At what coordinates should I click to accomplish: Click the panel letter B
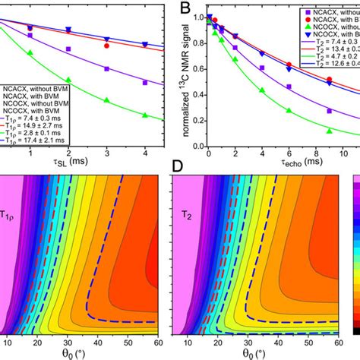pyautogui.click(x=184, y=9)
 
